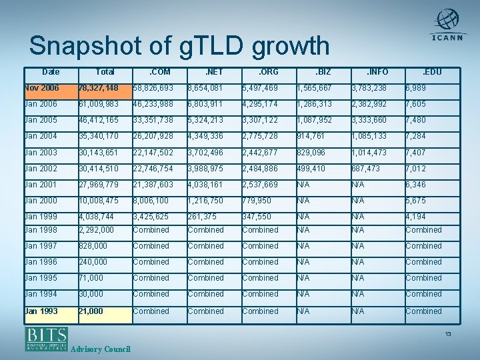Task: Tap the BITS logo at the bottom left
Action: [46, 338]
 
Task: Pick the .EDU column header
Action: [432, 72]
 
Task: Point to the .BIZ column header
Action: [323, 72]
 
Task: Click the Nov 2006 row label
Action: [41, 88]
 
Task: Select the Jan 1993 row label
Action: [41, 311]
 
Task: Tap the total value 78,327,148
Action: [99, 88]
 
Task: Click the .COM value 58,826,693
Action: [153, 88]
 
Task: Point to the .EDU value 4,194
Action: [417, 217]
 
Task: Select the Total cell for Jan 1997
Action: [94, 246]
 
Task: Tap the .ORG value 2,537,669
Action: [261, 185]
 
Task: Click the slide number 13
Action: [448, 334]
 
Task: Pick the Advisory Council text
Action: [100, 349]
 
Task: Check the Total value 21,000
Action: [91, 311]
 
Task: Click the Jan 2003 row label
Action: [41, 153]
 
